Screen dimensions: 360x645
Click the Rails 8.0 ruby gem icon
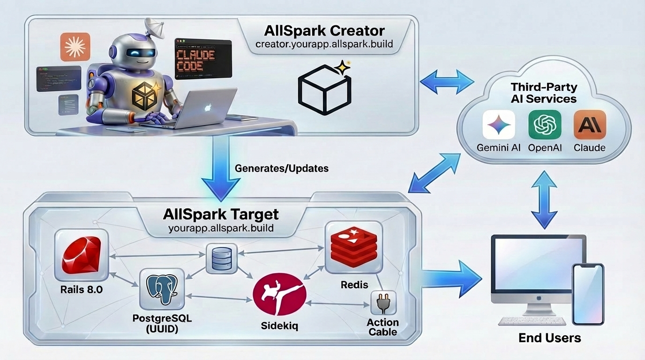[81, 256]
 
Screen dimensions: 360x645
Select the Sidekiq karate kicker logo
[279, 296]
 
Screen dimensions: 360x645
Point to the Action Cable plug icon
[383, 303]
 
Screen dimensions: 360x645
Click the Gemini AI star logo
[498, 125]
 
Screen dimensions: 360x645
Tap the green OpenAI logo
[544, 125]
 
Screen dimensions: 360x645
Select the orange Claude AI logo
[589, 125]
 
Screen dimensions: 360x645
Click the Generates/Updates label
[281, 168]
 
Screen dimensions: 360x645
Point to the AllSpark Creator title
[324, 31]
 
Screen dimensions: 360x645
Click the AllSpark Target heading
[221, 215]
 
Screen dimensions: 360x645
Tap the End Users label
[549, 337]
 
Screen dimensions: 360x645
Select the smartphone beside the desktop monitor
[588, 294]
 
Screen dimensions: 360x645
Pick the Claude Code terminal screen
[202, 59]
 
